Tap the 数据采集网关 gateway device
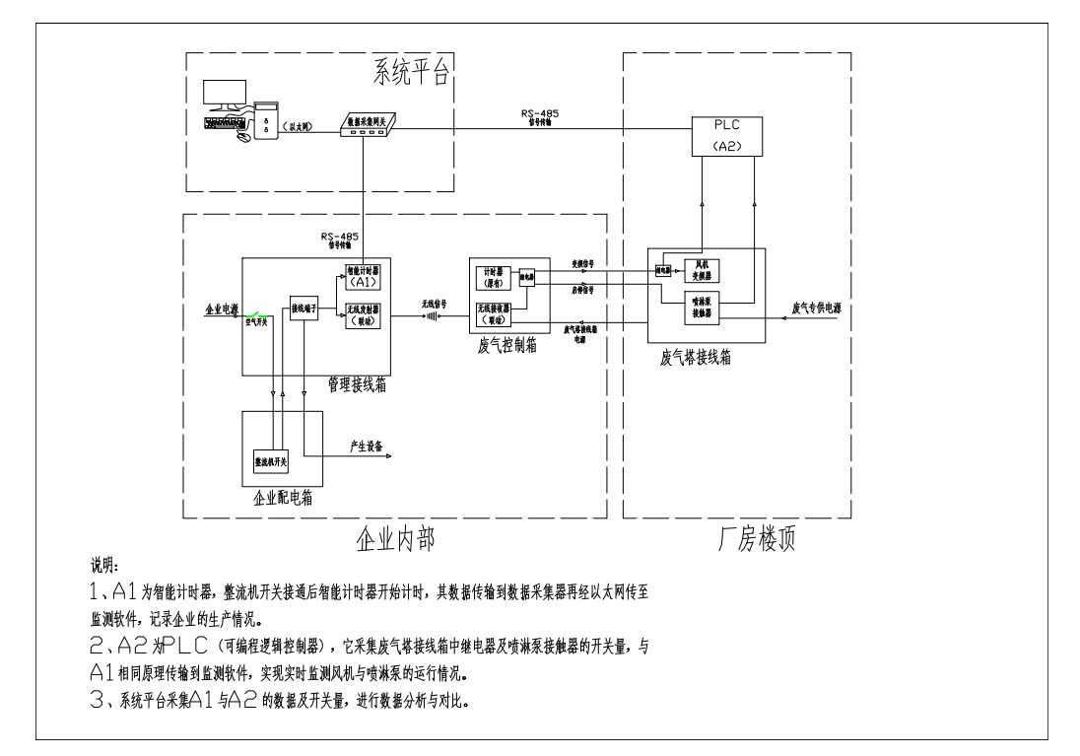click(366, 125)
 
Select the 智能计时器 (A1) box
click(363, 276)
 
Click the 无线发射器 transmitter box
click(363, 315)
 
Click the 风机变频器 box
click(703, 269)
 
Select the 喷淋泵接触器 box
click(703, 309)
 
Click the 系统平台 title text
click(411, 72)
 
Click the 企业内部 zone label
click(393, 541)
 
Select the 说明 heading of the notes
click(103, 568)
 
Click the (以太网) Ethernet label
click(298, 127)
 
